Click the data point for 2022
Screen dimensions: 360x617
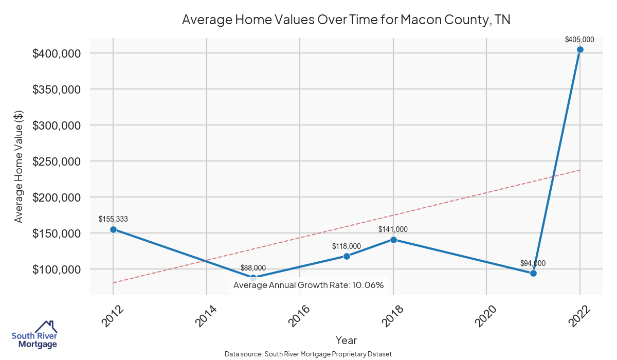(x=580, y=49)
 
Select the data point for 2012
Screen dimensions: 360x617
(x=113, y=229)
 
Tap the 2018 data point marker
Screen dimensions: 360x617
(x=393, y=240)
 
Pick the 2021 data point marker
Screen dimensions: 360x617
(x=533, y=273)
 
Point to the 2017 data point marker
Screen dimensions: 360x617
(x=347, y=256)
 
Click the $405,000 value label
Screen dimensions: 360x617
(x=579, y=39)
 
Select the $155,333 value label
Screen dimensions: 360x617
(x=113, y=219)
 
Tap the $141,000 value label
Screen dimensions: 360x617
(x=393, y=229)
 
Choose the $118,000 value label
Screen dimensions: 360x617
(x=347, y=246)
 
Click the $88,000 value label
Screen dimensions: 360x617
(x=253, y=268)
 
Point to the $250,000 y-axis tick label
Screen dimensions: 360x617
(x=57, y=161)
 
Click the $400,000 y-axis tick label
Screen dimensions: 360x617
(x=57, y=53)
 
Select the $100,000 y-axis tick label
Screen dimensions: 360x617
(x=57, y=269)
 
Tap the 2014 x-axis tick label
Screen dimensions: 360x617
(x=205, y=316)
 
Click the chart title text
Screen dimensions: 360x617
(x=346, y=20)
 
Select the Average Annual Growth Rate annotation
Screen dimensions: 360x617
(x=308, y=285)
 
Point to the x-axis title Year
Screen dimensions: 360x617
(x=346, y=340)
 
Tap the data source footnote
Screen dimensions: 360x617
(x=308, y=354)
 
